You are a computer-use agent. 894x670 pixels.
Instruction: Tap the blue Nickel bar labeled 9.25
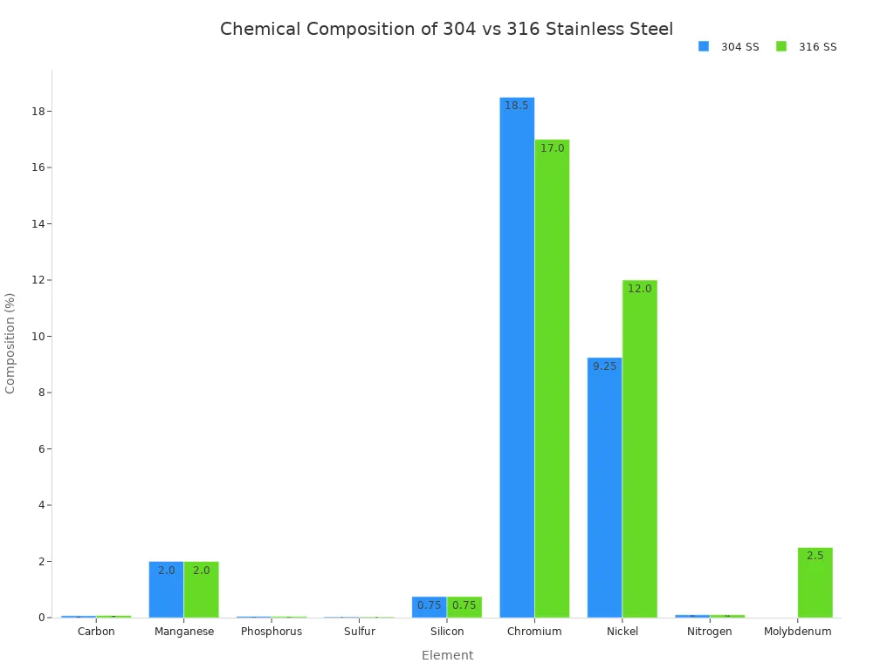click(x=604, y=489)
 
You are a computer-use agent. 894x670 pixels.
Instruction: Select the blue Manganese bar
click(x=166, y=590)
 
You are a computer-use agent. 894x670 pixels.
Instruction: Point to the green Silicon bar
click(x=464, y=607)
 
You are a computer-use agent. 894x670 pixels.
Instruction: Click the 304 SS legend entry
click(x=729, y=47)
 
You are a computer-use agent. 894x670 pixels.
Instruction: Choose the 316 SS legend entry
click(x=807, y=47)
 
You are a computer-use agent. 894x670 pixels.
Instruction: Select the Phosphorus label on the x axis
click(x=272, y=632)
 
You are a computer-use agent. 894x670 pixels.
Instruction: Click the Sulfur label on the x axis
click(x=359, y=632)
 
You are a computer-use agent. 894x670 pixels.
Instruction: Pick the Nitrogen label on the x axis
click(x=710, y=632)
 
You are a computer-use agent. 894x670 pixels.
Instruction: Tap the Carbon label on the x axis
click(x=96, y=632)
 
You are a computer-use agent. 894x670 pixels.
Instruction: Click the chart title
click(x=446, y=29)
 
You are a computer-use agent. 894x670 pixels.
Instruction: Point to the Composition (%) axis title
click(x=10, y=343)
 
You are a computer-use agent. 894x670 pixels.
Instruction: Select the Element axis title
click(x=447, y=655)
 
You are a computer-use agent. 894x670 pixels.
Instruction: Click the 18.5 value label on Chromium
click(x=517, y=106)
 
